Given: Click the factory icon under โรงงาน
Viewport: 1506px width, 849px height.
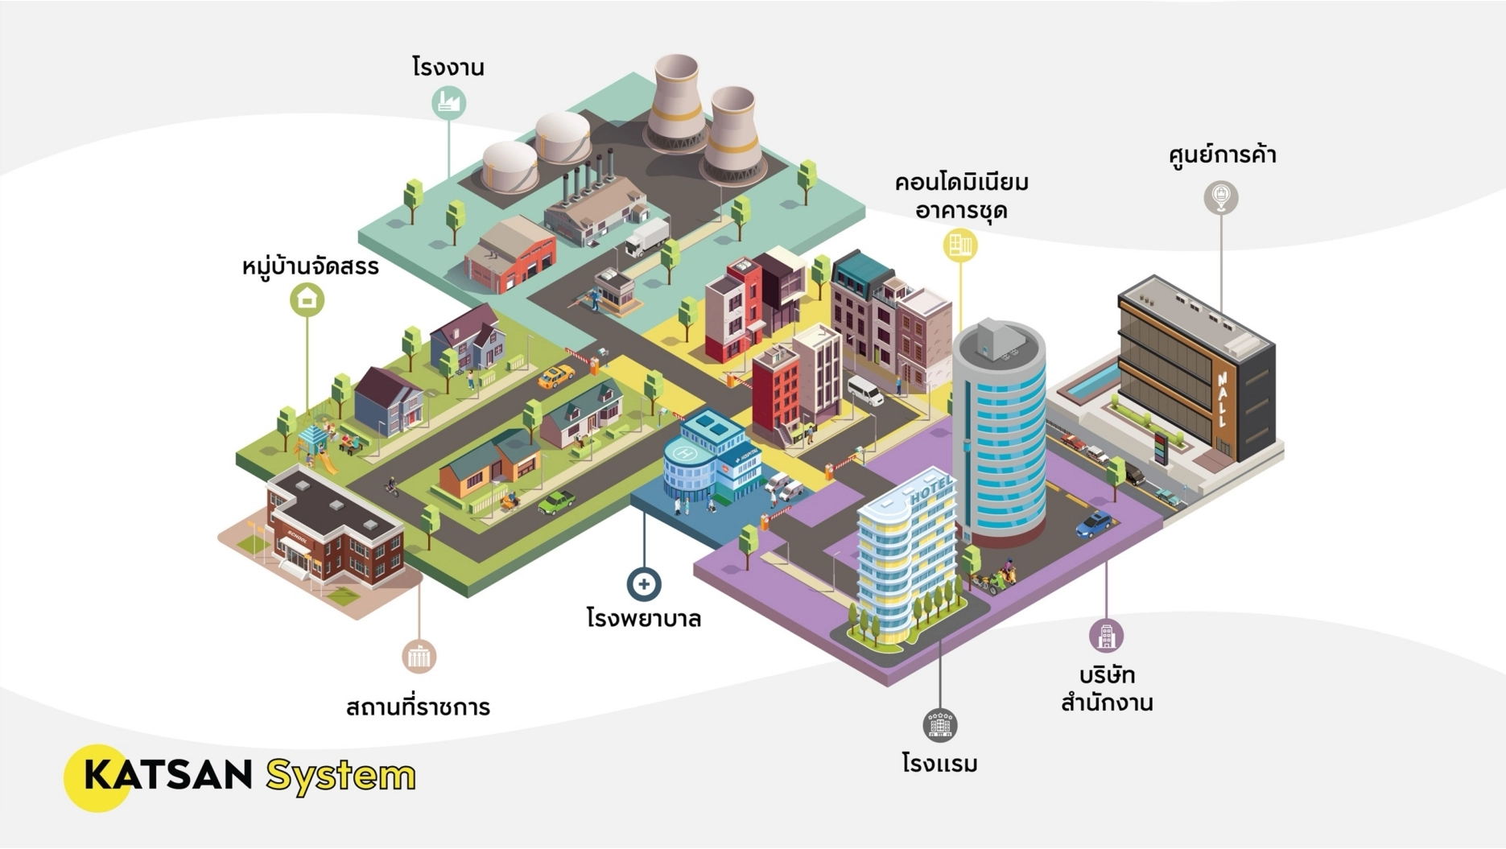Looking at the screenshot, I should click(x=448, y=103).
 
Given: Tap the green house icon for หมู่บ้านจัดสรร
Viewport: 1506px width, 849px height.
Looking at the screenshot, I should click(x=307, y=299).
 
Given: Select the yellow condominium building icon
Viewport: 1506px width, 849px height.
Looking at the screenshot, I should click(x=960, y=245).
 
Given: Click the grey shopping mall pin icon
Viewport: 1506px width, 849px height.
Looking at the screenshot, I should click(x=1220, y=197).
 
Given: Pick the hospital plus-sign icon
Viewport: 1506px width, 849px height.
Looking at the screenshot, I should click(x=644, y=584).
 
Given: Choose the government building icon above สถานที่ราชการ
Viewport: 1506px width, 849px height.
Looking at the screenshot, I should click(x=419, y=657).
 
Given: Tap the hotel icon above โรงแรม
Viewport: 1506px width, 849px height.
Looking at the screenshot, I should click(x=939, y=725).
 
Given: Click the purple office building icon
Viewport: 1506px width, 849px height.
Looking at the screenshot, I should click(x=1106, y=636).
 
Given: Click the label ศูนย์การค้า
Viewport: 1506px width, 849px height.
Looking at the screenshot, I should click(x=1222, y=155).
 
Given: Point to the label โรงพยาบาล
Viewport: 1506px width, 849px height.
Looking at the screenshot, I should click(x=644, y=619).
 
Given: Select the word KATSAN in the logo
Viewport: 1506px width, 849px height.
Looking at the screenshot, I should click(x=167, y=775).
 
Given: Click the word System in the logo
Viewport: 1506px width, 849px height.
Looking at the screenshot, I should click(x=340, y=776).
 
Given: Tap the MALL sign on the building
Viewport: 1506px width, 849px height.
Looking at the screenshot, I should click(x=1223, y=398).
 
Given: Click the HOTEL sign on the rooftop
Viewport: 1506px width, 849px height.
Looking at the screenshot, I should click(x=931, y=489).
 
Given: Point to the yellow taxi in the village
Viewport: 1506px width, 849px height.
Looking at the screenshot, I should click(x=556, y=376).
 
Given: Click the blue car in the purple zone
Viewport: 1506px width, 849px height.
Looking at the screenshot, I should click(x=1095, y=524).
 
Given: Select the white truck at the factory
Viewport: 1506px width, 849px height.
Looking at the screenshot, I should click(x=646, y=237).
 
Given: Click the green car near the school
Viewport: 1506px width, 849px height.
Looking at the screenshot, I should click(x=556, y=502).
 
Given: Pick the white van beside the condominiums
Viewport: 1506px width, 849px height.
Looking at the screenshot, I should click(x=864, y=390).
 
